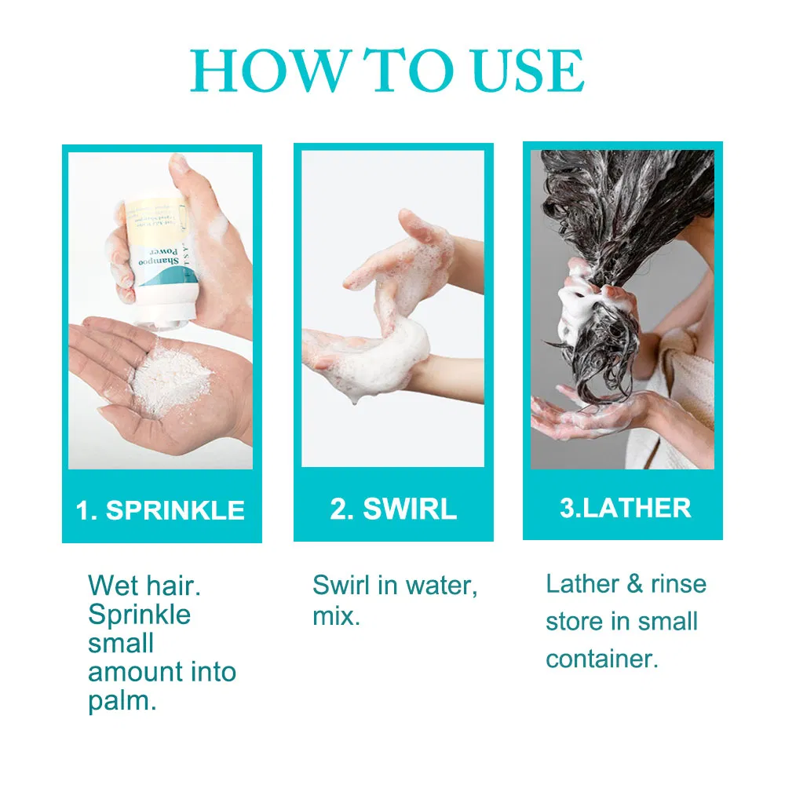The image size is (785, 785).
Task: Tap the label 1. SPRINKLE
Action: coord(161,510)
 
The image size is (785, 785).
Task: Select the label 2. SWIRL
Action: coord(393,509)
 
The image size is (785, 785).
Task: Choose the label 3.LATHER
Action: coord(625,508)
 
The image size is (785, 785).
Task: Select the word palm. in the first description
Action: coord(122,701)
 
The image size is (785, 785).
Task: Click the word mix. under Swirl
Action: coord(336,616)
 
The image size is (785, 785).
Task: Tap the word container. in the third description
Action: coord(602,659)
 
